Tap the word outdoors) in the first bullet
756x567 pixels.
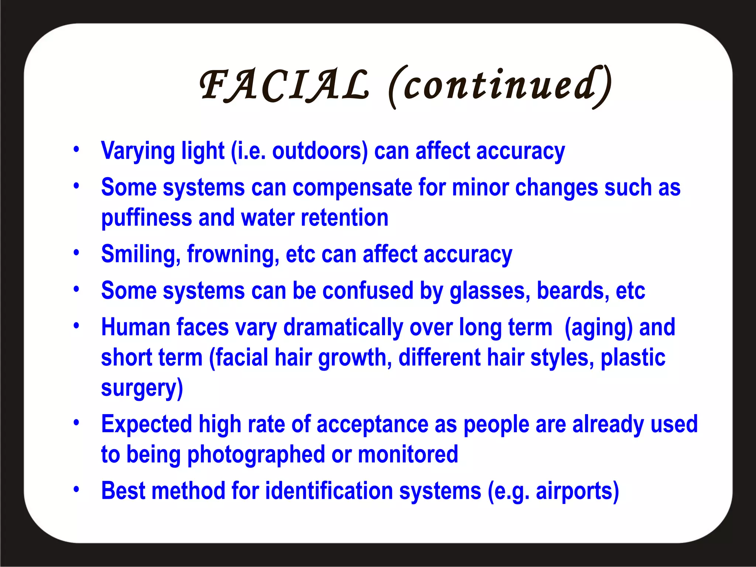[x=320, y=151]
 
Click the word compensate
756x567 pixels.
[x=352, y=188]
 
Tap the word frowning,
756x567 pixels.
[x=233, y=255]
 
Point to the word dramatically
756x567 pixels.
[x=343, y=328]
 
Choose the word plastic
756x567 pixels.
[x=633, y=358]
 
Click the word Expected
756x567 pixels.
[x=147, y=425]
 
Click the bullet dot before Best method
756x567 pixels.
[x=76, y=489]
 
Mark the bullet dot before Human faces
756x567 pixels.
[x=76, y=326]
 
